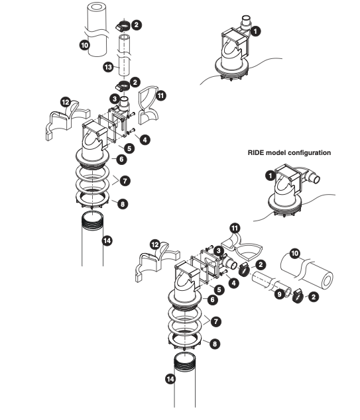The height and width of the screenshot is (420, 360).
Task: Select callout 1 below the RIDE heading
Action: point(270,175)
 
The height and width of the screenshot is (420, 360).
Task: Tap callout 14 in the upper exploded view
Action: point(108,240)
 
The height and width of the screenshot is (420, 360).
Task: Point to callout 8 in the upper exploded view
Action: point(122,203)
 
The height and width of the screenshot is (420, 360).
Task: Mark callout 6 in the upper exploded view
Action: point(121,160)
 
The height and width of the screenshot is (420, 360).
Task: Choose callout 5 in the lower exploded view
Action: point(219,289)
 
